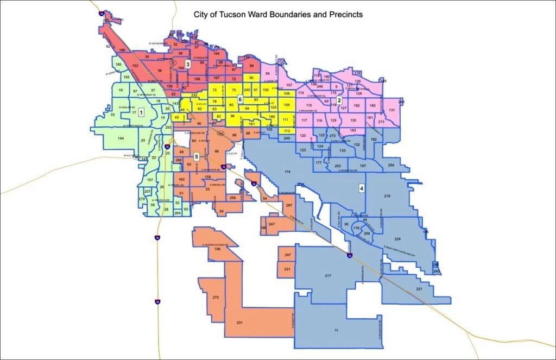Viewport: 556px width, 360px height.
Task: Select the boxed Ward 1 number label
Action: coord(141,112)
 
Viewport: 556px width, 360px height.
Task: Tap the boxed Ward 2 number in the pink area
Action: coord(339,100)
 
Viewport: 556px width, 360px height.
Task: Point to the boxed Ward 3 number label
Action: coord(187,64)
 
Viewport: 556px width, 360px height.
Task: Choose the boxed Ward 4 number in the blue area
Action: coord(361,188)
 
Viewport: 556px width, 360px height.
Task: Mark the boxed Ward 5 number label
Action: coord(197,156)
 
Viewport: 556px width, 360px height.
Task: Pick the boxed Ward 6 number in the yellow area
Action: coord(239,99)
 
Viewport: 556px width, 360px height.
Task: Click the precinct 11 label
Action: coord(336,331)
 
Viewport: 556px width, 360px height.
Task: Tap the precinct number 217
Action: coord(328,276)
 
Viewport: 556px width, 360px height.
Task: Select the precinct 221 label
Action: coord(419,289)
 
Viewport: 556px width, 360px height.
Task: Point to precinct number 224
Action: coord(397,239)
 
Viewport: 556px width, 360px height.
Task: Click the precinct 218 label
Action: coord(387,195)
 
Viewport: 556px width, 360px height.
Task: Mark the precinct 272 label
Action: coord(216,298)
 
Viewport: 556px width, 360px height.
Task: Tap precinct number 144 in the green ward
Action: coord(121,139)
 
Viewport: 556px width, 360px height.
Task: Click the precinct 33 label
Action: coord(112,115)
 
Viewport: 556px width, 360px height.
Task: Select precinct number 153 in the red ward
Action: coord(135,66)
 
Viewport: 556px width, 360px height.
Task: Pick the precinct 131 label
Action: coord(391,110)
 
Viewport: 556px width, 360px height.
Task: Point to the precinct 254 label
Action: coord(391,165)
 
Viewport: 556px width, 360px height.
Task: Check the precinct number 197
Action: coord(363,165)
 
